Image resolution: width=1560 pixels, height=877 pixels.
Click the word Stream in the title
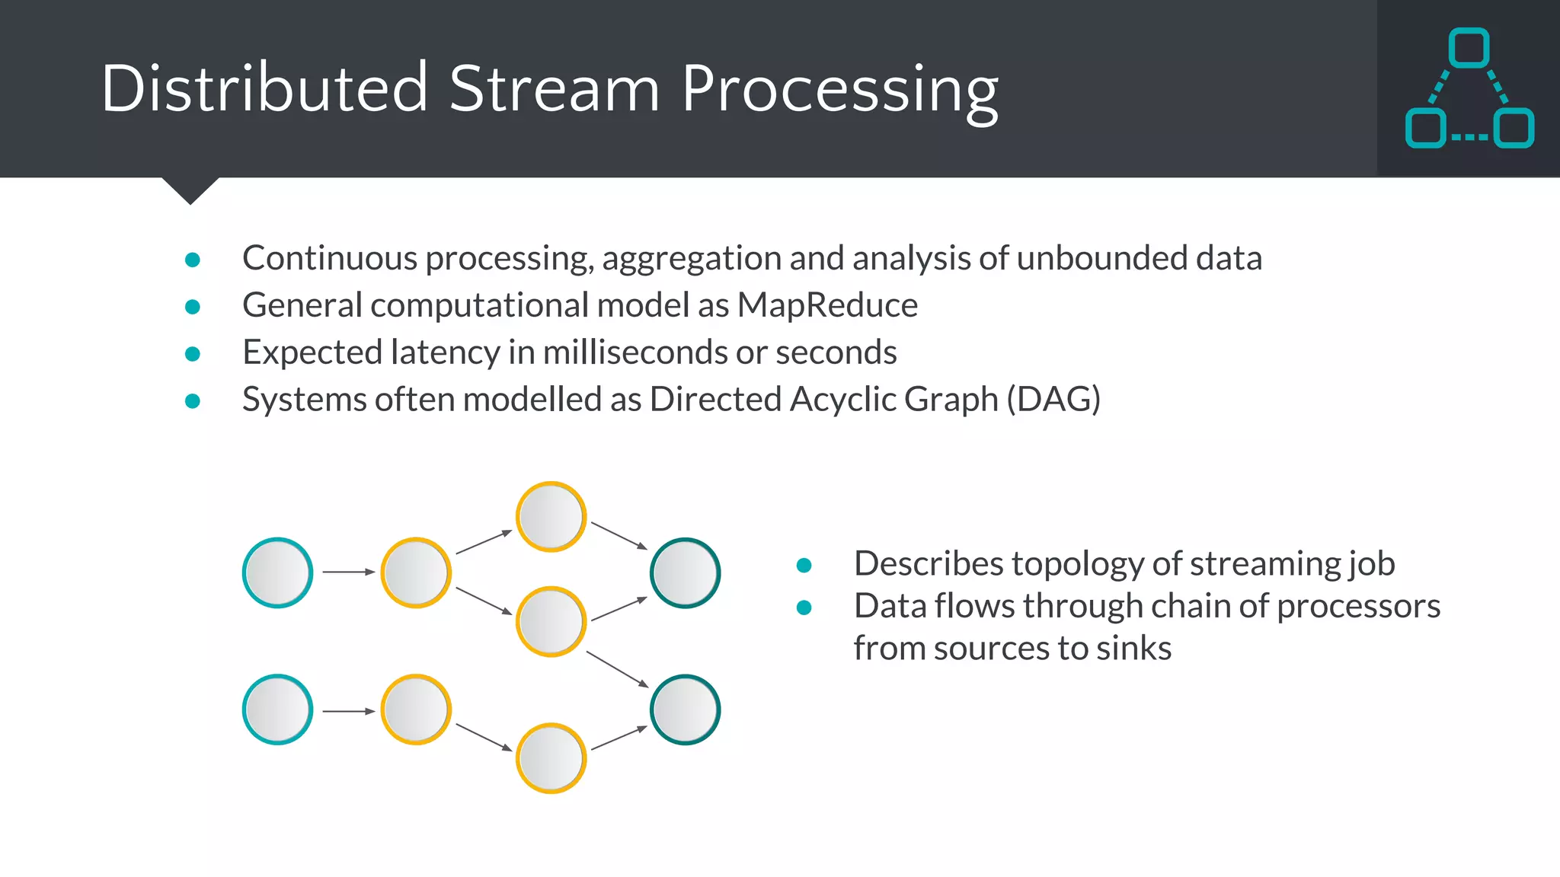point(554,89)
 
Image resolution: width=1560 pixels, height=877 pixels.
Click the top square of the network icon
point(1469,49)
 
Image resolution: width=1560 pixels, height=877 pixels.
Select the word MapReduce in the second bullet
point(827,305)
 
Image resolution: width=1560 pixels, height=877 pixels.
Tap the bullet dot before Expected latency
point(193,354)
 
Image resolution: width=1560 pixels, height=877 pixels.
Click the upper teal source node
point(277,572)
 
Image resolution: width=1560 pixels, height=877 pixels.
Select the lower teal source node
point(277,710)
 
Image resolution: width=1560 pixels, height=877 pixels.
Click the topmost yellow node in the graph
point(551,516)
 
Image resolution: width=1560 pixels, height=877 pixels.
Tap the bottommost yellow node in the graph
point(551,758)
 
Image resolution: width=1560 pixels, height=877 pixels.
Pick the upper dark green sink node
point(685,572)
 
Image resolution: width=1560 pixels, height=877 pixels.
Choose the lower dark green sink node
point(685,710)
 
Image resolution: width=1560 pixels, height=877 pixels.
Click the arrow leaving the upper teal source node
point(348,572)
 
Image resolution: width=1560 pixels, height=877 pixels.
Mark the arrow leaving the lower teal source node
point(348,711)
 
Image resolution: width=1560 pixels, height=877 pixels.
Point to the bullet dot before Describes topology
point(804,566)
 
